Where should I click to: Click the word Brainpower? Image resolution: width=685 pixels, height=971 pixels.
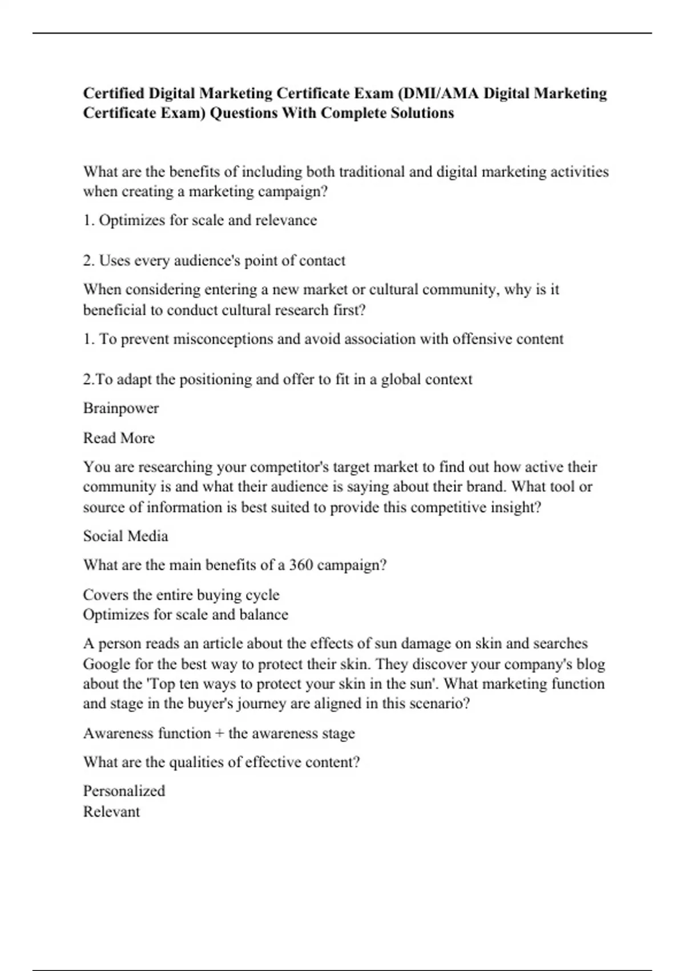[x=121, y=408]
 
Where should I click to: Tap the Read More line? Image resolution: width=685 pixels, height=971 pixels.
[x=119, y=438]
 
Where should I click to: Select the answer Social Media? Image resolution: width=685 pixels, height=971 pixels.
[x=126, y=536]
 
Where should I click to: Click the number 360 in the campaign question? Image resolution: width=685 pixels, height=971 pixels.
[x=301, y=565]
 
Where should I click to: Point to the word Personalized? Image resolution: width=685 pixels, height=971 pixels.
[x=124, y=791]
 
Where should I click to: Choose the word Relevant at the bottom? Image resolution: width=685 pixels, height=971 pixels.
[x=111, y=812]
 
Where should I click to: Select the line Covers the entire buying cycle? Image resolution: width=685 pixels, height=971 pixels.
[x=181, y=595]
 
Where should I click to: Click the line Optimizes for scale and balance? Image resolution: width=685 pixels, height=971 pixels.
[x=186, y=615]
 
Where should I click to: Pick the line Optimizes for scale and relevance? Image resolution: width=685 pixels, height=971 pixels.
[x=200, y=220]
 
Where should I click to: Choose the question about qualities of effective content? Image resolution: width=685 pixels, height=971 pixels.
[x=221, y=763]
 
